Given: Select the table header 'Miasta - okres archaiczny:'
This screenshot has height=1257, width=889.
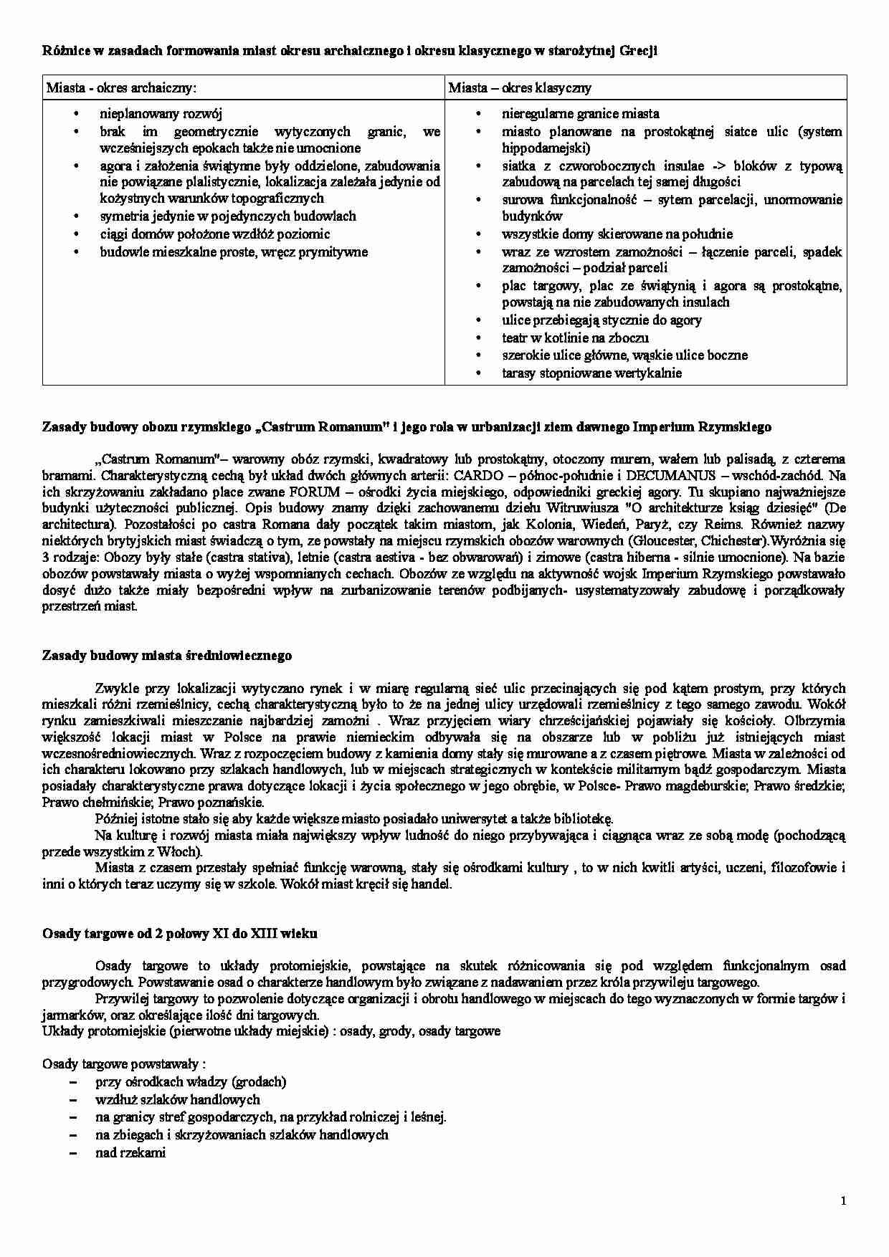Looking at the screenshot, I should pyautogui.click(x=121, y=88).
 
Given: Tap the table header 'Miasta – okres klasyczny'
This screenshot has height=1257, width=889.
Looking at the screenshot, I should pyautogui.click(x=520, y=88).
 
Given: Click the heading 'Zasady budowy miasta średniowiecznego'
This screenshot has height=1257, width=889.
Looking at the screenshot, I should pyautogui.click(x=167, y=656).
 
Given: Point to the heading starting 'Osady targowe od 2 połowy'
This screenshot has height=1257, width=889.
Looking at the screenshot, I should pyautogui.click(x=180, y=934).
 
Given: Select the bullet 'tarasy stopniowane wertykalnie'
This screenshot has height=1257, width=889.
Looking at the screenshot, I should pyautogui.click(x=591, y=373).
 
